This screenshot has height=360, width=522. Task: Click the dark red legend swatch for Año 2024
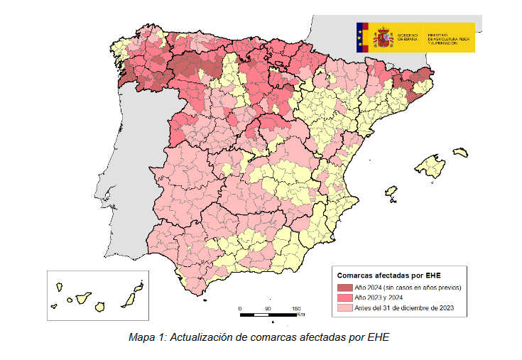click(344, 288)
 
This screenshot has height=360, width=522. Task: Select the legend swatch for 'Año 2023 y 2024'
click(344, 299)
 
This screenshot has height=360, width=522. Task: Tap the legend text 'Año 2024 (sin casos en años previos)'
click(408, 288)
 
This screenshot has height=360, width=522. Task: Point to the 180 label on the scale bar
click(295, 309)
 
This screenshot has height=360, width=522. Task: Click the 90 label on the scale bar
click(268, 309)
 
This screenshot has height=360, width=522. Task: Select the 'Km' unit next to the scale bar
click(302, 315)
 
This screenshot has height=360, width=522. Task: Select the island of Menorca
click(461, 152)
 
